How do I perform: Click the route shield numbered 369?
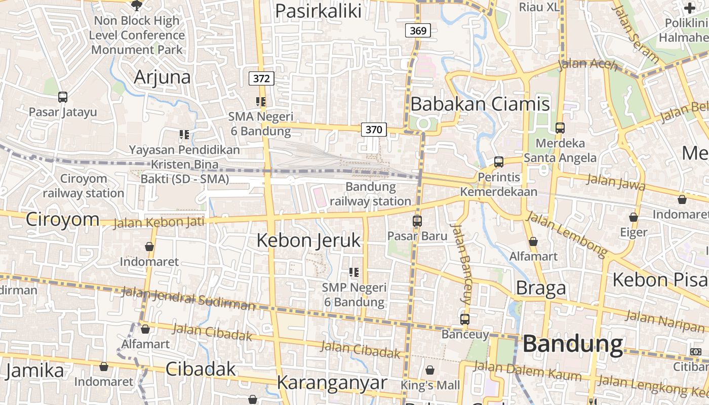click(x=418, y=31)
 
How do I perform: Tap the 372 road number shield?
click(x=261, y=78)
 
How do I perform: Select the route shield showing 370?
click(x=374, y=130)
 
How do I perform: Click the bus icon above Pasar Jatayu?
click(x=63, y=97)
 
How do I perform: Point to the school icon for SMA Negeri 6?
click(x=261, y=102)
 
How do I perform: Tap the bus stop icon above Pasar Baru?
click(x=417, y=221)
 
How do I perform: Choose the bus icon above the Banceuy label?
click(x=465, y=319)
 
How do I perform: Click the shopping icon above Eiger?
click(x=634, y=218)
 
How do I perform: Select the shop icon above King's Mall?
click(x=430, y=371)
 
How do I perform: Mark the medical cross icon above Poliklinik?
click(x=690, y=8)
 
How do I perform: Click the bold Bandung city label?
click(x=573, y=344)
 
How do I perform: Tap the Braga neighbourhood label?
click(x=540, y=288)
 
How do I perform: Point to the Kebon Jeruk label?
click(x=308, y=240)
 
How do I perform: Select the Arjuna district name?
click(x=163, y=77)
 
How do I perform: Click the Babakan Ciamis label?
click(x=480, y=104)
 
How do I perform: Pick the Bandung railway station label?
click(x=371, y=194)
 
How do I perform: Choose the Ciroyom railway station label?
click(x=84, y=186)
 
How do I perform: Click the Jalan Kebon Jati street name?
click(x=159, y=222)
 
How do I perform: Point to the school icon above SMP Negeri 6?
click(x=354, y=272)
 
